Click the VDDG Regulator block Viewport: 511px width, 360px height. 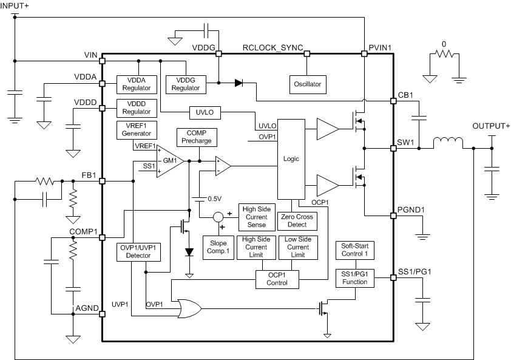tap(185, 84)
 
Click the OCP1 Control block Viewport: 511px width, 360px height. tap(277, 279)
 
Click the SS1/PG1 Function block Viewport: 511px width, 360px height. tap(355, 278)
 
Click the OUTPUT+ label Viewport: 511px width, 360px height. tap(491, 126)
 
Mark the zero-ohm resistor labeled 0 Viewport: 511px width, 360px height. tap(444, 55)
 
